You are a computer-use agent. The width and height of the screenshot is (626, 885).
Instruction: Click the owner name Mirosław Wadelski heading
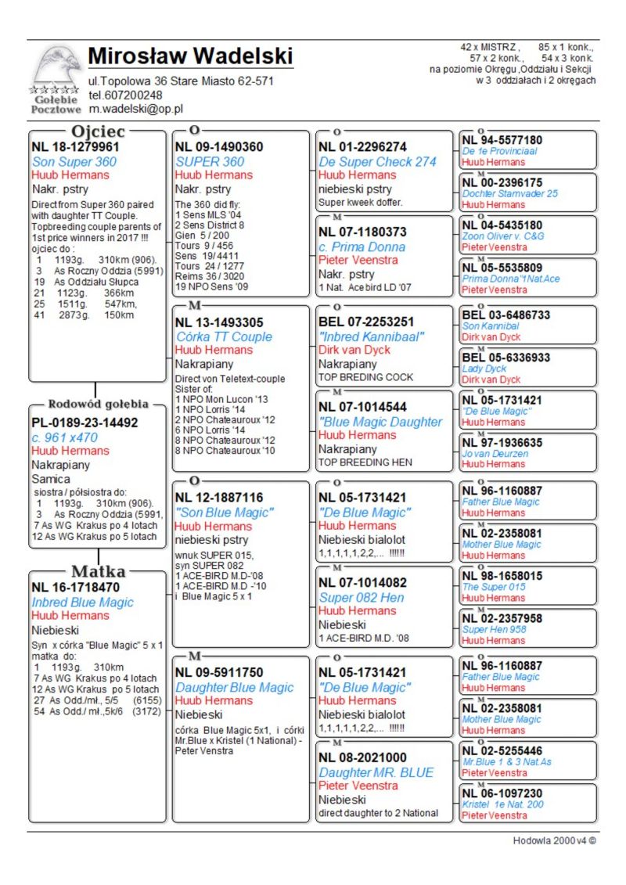pyautogui.click(x=190, y=57)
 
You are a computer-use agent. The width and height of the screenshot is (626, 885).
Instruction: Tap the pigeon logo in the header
pyautogui.click(x=56, y=66)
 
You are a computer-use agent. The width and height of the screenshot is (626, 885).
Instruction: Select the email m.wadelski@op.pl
pyautogui.click(x=135, y=109)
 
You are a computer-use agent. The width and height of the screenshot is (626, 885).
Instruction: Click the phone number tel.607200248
pyautogui.click(x=125, y=95)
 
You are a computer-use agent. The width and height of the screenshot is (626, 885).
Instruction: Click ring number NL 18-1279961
pyautogui.click(x=75, y=146)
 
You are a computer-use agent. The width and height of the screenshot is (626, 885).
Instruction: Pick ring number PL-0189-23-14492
pyautogui.click(x=85, y=423)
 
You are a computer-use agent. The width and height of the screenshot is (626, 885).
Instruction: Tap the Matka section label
pyautogui.click(x=98, y=570)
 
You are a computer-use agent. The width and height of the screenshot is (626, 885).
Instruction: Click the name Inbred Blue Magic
pyautogui.click(x=82, y=603)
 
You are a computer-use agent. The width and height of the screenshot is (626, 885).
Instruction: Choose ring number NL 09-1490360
pyautogui.click(x=219, y=146)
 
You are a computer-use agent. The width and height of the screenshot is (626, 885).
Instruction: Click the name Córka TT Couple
pyautogui.click(x=224, y=336)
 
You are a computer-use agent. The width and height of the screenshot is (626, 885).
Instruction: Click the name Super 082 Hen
pyautogui.click(x=362, y=597)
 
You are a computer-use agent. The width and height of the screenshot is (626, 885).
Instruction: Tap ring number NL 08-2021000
pyautogui.click(x=362, y=757)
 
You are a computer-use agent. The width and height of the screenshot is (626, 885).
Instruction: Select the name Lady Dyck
pyautogui.click(x=484, y=369)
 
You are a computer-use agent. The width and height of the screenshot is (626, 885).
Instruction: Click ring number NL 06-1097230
pyautogui.click(x=502, y=793)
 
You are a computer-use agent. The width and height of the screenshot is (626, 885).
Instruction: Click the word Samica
pyautogui.click(x=51, y=479)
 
